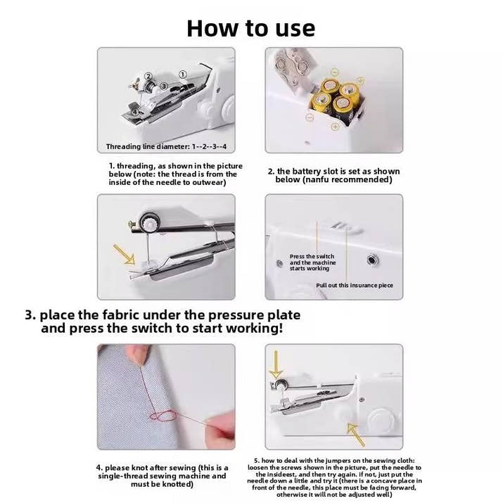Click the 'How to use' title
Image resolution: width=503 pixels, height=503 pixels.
click(251, 27)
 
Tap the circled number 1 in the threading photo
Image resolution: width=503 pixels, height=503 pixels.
click(182, 74)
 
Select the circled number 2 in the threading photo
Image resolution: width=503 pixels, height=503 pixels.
click(148, 76)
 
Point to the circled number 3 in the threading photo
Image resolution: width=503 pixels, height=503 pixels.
click(163, 86)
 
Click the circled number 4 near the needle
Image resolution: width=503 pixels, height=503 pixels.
click(134, 111)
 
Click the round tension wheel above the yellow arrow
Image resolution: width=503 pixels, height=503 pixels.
click(149, 222)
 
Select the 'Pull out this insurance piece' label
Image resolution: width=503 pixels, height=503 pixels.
click(354, 285)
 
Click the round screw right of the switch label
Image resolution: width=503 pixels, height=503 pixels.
click(370, 260)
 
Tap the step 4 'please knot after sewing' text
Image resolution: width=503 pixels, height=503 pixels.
click(162, 476)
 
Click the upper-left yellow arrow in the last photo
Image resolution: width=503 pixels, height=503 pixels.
click(276, 366)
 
